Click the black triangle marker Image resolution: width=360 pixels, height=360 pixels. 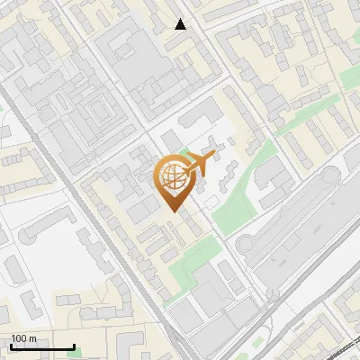(x=181, y=24)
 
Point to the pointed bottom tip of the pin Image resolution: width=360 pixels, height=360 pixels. (x=173, y=210)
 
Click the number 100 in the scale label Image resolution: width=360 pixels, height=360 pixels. (x=20, y=338)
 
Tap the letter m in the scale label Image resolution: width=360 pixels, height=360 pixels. (x=33, y=338)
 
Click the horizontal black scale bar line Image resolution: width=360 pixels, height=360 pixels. (x=42, y=346)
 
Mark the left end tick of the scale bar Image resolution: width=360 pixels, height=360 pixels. (x=11, y=346)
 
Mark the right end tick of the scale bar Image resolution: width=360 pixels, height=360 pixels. (x=74, y=346)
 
